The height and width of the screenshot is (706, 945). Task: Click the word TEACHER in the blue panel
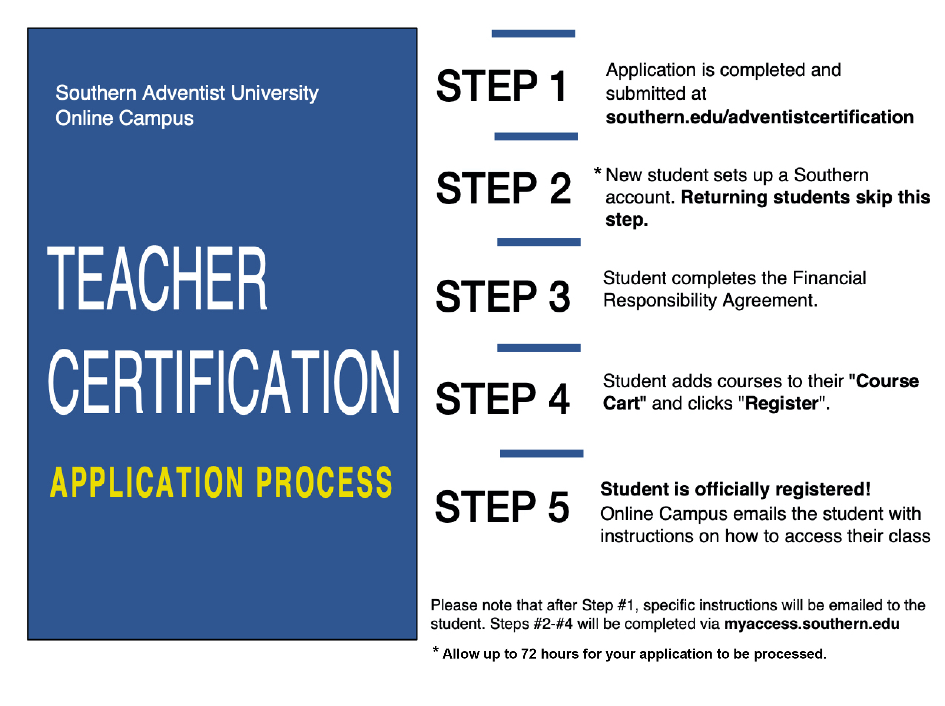coord(157,278)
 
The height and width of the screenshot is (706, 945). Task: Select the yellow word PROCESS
coord(324,482)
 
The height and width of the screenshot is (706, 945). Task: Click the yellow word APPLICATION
coord(146,482)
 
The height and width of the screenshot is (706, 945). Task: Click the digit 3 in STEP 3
coord(560,296)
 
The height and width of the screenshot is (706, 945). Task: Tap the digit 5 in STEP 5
coord(559,507)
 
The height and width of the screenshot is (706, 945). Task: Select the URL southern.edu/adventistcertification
coord(760,117)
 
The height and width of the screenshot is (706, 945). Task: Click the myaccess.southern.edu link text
coord(812,624)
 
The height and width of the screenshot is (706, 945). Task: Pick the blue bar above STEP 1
coord(533,34)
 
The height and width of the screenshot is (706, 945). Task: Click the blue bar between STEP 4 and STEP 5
coord(542,453)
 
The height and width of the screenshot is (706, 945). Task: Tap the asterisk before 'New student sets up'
coord(598,171)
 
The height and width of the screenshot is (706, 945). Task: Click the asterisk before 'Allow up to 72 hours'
coord(435,650)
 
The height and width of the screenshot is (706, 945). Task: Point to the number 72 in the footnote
coord(528,654)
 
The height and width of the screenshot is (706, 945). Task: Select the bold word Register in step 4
coord(782,404)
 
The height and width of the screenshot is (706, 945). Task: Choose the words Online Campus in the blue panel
coord(124,118)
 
